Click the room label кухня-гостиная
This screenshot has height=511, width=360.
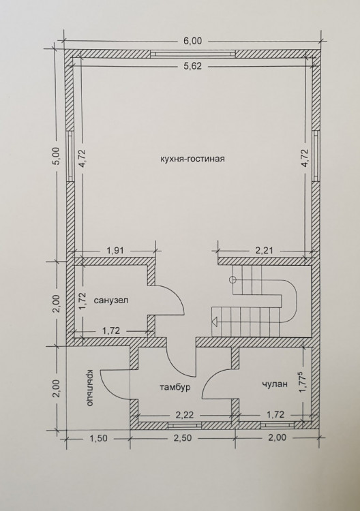click(x=193, y=159)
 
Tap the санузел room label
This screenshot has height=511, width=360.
click(x=111, y=300)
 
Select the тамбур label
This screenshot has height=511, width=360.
click(x=175, y=388)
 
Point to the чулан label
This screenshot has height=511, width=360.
click(x=275, y=384)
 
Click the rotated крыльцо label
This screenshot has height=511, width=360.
click(x=90, y=388)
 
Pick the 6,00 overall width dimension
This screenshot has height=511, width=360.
click(x=193, y=41)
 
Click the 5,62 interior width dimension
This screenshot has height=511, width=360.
click(x=193, y=66)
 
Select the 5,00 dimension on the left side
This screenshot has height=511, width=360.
click(x=56, y=157)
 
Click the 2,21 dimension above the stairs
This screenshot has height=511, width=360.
click(x=263, y=251)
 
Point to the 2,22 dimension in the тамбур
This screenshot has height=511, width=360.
click(x=185, y=415)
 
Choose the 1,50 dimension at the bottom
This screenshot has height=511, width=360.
click(x=98, y=437)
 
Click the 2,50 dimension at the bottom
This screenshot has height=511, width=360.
click(x=183, y=437)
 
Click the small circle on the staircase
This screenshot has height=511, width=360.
click(x=232, y=279)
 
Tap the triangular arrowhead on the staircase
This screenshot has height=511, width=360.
click(x=214, y=322)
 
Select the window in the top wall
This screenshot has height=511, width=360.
click(x=193, y=54)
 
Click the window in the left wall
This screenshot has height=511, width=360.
click(x=70, y=156)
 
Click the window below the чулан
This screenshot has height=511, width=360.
click(x=277, y=425)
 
